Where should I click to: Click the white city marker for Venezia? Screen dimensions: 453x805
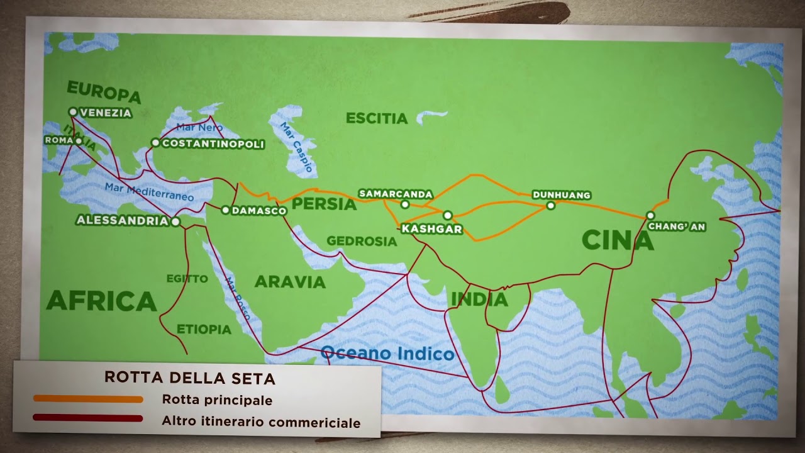point(73,112)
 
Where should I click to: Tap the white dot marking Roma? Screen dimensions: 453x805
point(79,141)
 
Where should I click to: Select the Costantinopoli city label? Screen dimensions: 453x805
point(213,144)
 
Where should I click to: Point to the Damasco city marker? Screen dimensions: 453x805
point(226,210)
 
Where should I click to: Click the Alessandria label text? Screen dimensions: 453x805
point(122,221)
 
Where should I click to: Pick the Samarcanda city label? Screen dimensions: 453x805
point(396,194)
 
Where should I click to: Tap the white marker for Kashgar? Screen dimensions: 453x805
point(448,215)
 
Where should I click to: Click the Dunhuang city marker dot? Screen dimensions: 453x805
point(551,205)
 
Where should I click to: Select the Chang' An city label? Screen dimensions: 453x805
point(677,226)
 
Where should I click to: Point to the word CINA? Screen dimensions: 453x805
point(618,240)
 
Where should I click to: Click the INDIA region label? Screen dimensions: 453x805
point(479,299)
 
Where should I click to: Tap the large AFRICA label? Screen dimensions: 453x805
point(101,301)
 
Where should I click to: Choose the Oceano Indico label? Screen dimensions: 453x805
point(387,354)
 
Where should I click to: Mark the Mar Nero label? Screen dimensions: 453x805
point(199,127)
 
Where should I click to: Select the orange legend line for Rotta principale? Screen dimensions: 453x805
point(88,399)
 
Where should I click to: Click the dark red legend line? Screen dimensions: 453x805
point(88,418)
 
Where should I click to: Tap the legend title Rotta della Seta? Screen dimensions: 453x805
point(190,378)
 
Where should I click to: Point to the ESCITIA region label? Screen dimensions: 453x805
point(377,118)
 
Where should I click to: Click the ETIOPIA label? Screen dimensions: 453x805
point(204,329)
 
